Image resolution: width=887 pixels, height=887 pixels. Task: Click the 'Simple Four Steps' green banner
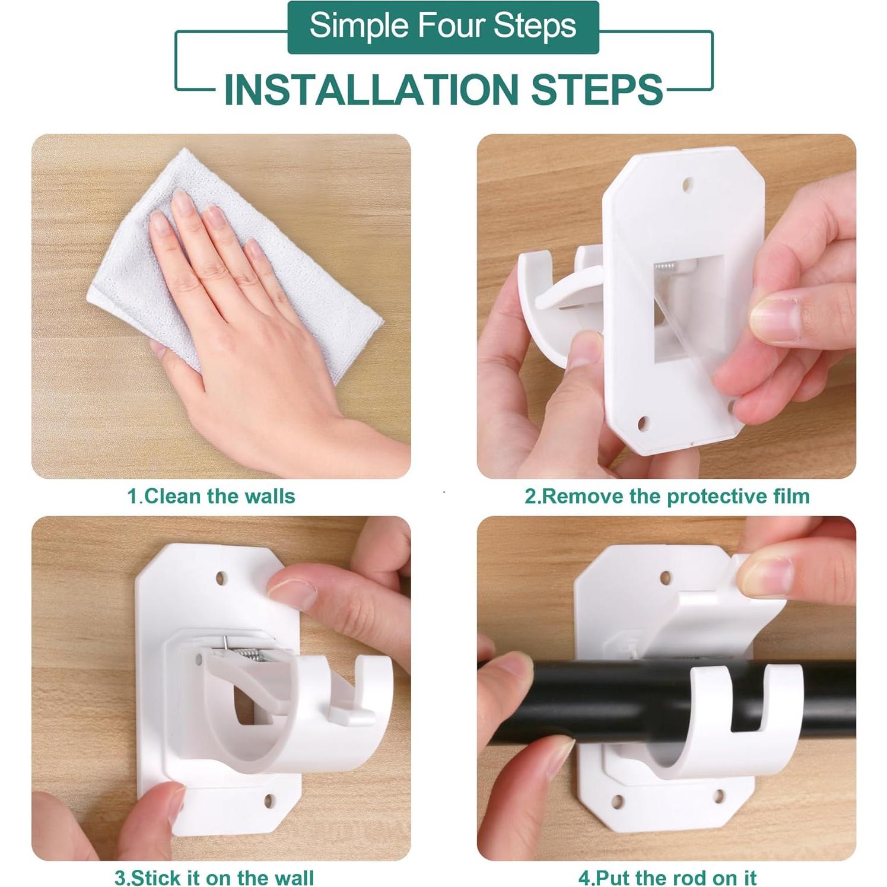tap(443, 27)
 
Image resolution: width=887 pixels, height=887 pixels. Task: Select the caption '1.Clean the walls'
tap(211, 496)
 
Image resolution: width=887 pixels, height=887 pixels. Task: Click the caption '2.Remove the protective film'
tap(667, 496)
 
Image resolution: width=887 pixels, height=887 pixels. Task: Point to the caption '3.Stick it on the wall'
tap(214, 877)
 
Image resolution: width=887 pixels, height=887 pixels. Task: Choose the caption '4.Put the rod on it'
tap(667, 877)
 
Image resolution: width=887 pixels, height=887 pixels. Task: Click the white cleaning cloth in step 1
tap(237, 261)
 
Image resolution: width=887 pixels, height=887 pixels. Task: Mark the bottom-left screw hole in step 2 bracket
tap(643, 423)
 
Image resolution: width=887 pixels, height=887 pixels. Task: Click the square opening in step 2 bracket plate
tap(688, 309)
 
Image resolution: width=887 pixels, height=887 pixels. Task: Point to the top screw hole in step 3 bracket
tap(221, 577)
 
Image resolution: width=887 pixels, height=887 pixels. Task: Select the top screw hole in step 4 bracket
tap(665, 577)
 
